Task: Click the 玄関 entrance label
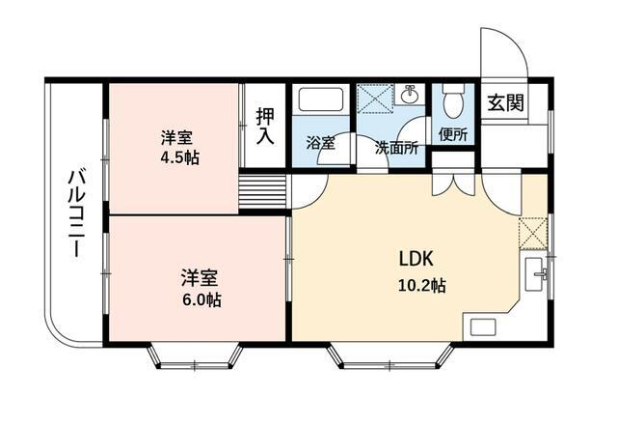coord(504,102)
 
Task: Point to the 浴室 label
coord(320,144)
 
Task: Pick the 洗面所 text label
coord(395,148)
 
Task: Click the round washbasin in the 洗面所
coord(410,95)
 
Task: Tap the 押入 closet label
coord(265,127)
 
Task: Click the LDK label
coord(419,259)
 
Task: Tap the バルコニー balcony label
coord(75,213)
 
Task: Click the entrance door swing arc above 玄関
coord(503,52)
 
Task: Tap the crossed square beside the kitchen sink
coord(532,233)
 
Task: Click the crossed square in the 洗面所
coord(372,99)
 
